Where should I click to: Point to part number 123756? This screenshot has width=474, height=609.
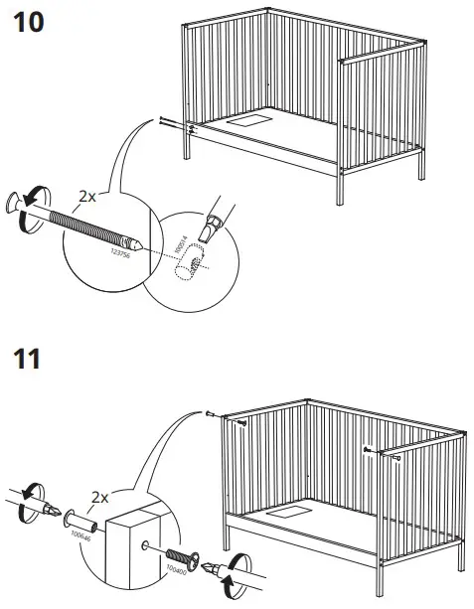tap(125, 256)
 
